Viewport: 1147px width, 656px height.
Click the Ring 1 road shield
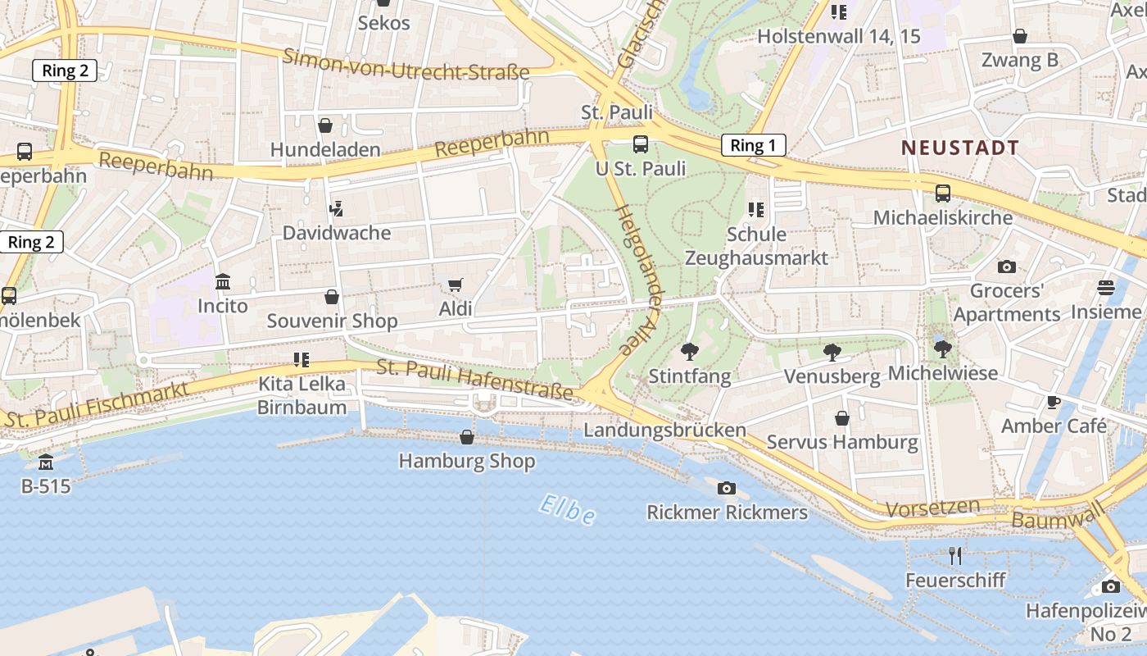753,146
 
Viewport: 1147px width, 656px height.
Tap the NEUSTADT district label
960,148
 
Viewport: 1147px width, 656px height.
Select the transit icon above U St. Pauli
641,144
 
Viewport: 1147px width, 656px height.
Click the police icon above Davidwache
335,209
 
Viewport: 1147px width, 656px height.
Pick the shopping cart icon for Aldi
456,285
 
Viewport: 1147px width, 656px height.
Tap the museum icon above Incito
222,282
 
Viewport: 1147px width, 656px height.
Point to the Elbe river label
567,509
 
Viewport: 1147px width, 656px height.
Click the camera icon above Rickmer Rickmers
726,489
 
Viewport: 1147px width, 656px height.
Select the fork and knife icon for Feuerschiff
955,556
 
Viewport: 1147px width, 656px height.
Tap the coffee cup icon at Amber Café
1054,402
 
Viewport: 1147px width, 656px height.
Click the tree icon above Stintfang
689,352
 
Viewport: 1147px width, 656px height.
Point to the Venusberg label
832,376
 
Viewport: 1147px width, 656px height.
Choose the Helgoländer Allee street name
638,279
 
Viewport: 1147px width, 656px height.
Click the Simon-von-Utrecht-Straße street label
406,64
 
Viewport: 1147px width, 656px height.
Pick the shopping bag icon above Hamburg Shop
467,437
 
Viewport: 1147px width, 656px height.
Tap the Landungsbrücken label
664,430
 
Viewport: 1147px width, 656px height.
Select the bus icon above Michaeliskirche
943,194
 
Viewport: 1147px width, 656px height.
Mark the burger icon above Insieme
1106,288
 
